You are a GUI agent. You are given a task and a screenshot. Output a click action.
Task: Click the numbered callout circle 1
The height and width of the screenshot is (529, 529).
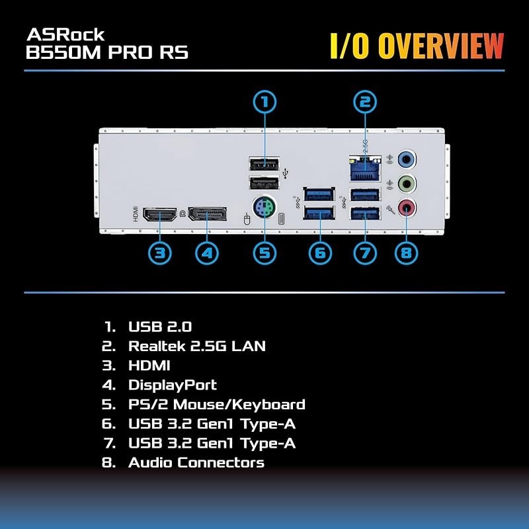[x=264, y=102]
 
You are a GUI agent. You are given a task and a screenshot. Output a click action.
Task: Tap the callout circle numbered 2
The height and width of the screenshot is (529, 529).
[x=364, y=102]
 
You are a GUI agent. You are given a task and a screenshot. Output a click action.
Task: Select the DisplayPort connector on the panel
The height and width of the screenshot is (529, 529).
[x=207, y=215]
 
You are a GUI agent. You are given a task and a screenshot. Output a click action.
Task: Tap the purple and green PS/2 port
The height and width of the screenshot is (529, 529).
[x=264, y=210]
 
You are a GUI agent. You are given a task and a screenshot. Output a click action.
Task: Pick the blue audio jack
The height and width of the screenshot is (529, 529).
[x=408, y=159]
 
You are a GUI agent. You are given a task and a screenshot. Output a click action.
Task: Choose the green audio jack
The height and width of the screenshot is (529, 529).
[x=408, y=183]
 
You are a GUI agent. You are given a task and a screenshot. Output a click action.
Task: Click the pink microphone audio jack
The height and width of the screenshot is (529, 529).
[x=408, y=208]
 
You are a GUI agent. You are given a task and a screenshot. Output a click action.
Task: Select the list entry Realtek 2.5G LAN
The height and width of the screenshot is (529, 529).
[x=197, y=346]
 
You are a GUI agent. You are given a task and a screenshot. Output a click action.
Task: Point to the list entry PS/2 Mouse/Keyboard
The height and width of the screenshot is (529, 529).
[x=216, y=404]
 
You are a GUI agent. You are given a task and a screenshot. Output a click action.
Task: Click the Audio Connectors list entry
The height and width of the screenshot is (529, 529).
[x=196, y=463]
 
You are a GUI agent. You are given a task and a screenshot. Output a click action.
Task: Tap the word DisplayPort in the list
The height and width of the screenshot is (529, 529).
[x=172, y=385]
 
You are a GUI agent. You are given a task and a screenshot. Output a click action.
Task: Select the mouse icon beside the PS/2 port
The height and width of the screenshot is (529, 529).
[x=247, y=218]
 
